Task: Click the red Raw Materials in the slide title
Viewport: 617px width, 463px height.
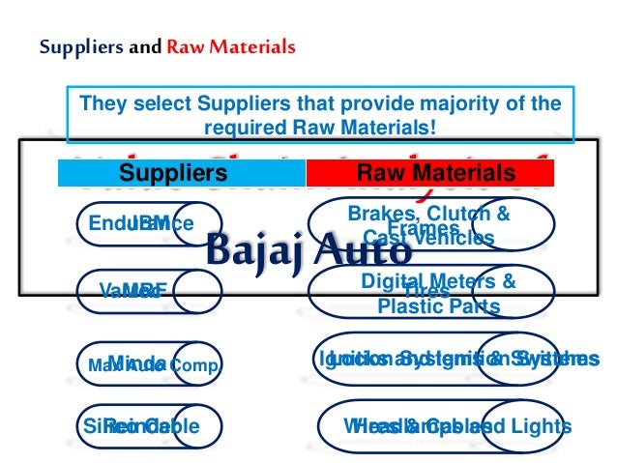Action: point(231,46)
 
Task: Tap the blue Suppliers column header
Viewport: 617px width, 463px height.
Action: point(173,174)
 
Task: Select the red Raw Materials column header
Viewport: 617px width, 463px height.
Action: point(436,174)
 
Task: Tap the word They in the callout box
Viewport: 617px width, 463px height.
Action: point(100,103)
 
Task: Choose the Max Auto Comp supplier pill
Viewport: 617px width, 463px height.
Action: point(150,364)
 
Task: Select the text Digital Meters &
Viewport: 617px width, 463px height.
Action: point(438,281)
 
